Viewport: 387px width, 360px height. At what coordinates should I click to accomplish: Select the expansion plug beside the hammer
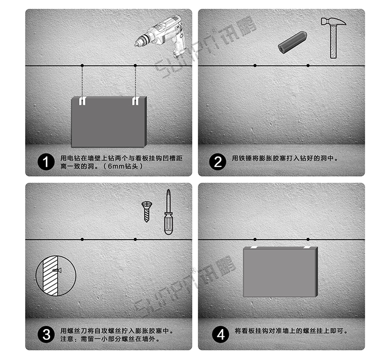coord(292,42)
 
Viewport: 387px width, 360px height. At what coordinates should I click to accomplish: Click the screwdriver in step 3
coord(168,213)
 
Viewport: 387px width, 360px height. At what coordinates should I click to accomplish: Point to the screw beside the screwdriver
coord(147,212)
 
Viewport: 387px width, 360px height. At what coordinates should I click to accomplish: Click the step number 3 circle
coord(47,335)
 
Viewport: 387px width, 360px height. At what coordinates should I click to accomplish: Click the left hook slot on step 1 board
coord(82,101)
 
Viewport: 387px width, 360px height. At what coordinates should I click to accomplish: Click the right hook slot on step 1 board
coord(135,101)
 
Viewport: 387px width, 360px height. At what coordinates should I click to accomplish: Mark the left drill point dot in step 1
coord(82,66)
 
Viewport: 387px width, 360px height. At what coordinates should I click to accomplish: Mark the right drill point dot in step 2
coord(308,66)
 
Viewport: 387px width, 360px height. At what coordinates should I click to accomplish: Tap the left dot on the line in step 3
coord(82,239)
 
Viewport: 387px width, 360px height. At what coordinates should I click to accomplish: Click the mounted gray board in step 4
coord(280,272)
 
